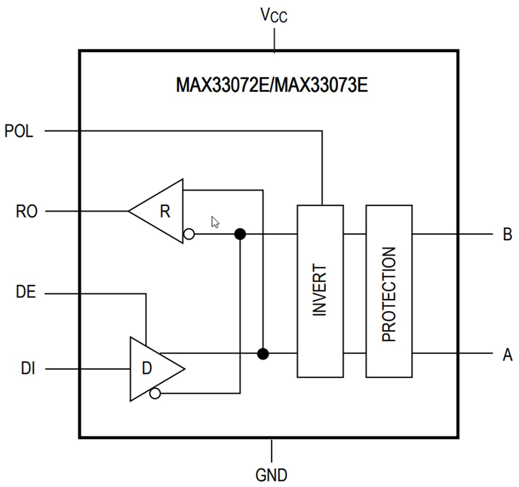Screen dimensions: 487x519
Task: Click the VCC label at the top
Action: tap(274, 16)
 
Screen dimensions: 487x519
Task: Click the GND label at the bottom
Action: tap(271, 474)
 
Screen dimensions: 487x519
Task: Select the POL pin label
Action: tap(19, 131)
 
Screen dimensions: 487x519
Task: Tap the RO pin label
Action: tap(26, 211)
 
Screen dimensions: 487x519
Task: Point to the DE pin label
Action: tap(26, 293)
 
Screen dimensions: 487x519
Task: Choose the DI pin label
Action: tap(28, 368)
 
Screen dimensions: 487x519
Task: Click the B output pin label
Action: tap(507, 234)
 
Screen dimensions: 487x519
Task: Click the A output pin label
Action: tap(507, 354)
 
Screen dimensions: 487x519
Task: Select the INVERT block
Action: tap(320, 291)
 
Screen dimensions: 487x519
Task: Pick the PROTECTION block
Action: tap(389, 291)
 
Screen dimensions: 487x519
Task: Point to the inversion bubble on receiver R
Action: tap(189, 234)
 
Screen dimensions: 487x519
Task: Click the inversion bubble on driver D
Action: tap(155, 393)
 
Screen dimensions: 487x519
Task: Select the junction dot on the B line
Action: tap(240, 234)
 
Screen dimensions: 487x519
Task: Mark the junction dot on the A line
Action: tap(263, 353)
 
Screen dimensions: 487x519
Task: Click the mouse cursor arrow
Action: tap(215, 222)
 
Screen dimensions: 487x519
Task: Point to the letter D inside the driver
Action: tap(147, 369)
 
